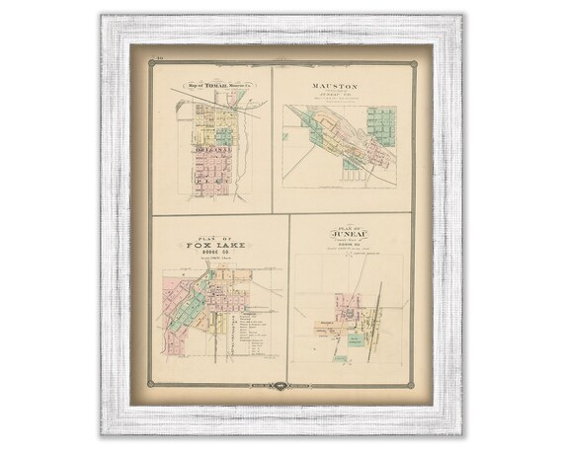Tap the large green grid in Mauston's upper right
click(x=382, y=121)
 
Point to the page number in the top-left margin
click(x=160, y=62)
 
